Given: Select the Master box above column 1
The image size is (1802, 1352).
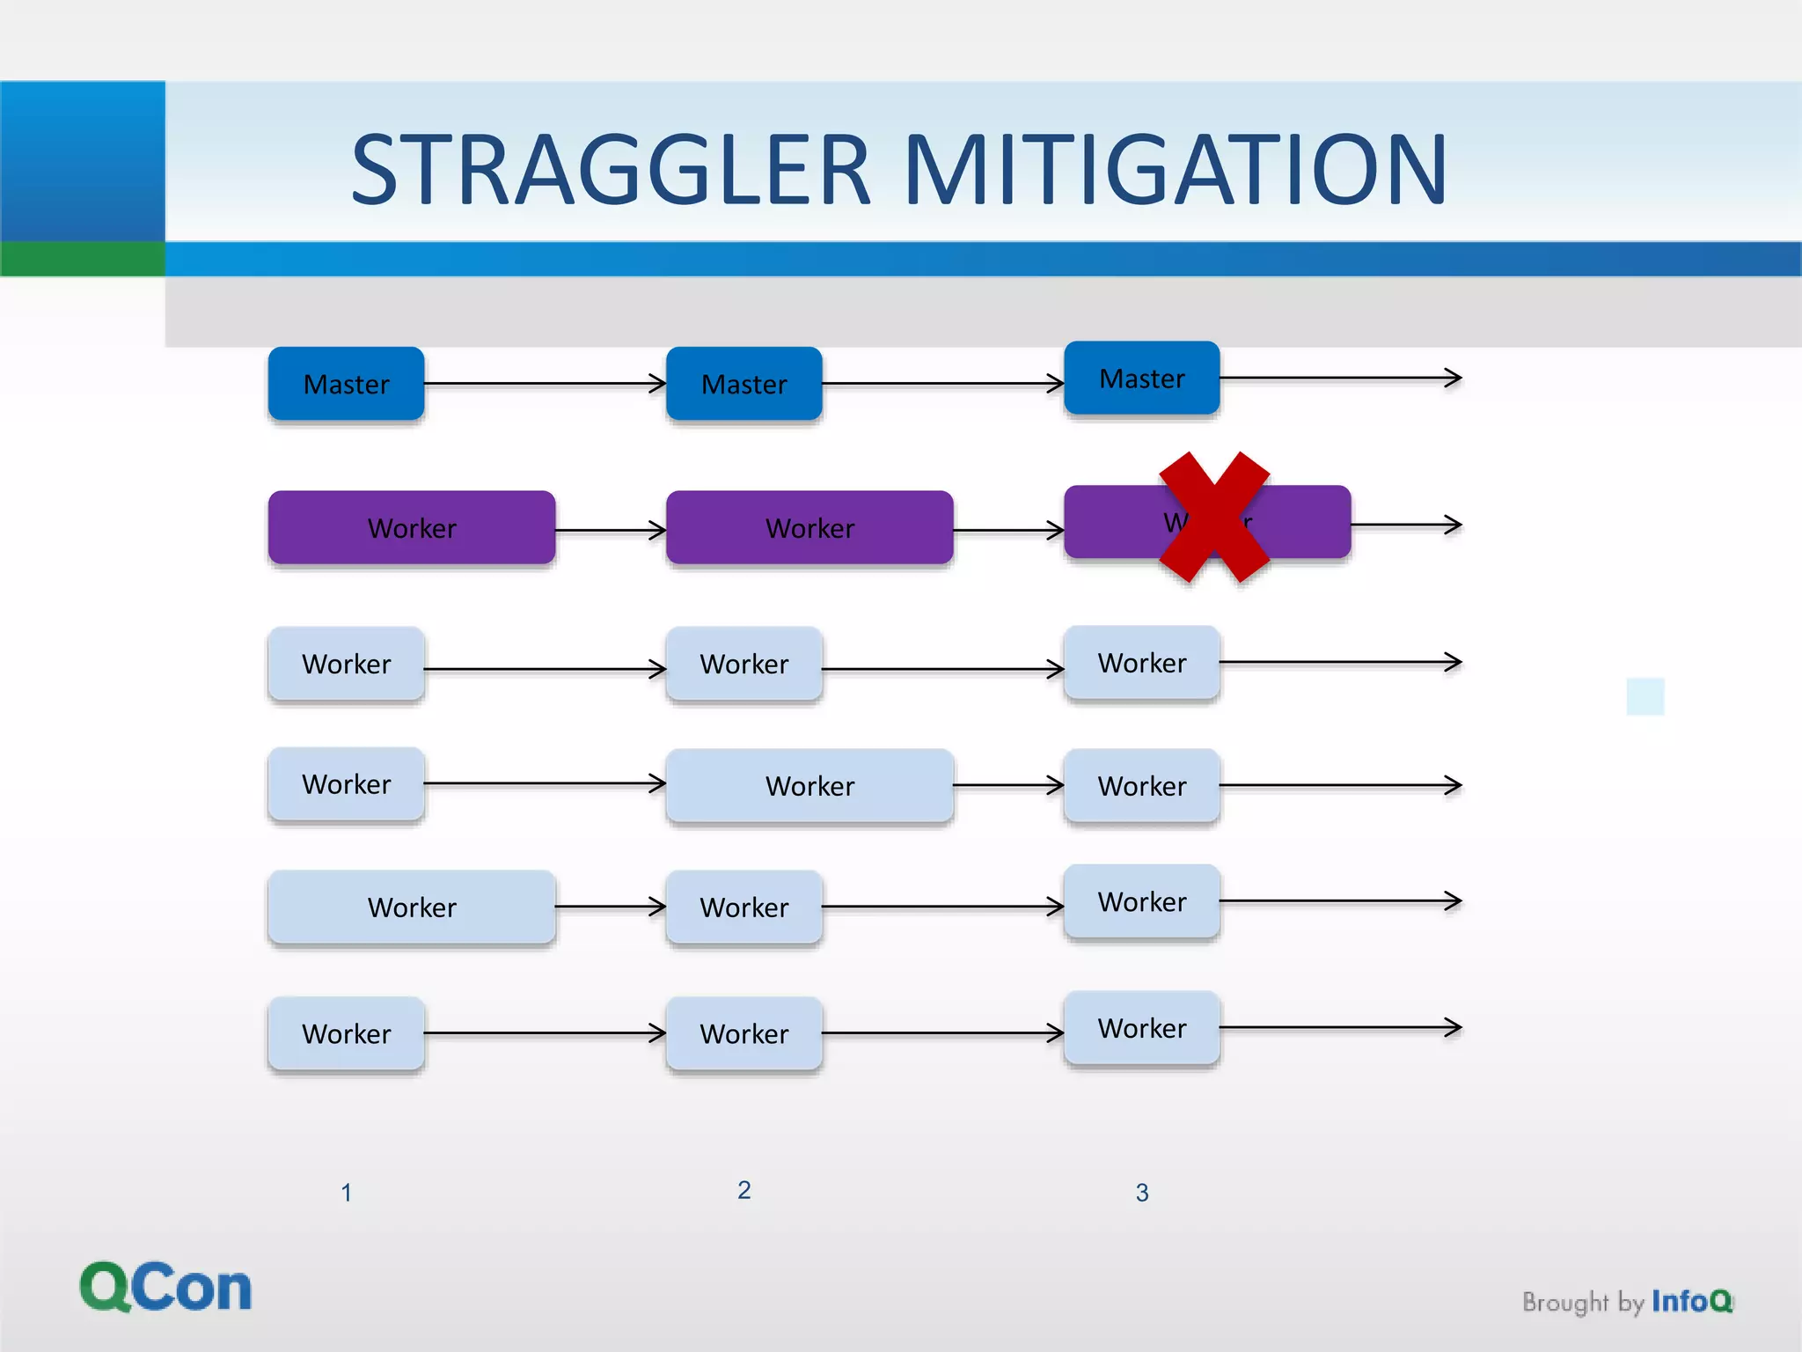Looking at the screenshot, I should [x=346, y=384].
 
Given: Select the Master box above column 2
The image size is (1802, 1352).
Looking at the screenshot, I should [x=744, y=384].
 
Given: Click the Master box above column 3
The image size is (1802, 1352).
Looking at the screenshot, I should [x=1141, y=378].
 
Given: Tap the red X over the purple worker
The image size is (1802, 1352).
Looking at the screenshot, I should [x=1214, y=518].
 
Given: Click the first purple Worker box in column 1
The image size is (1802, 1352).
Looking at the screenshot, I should [x=412, y=527].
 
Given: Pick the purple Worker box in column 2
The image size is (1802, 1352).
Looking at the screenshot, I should [x=809, y=527].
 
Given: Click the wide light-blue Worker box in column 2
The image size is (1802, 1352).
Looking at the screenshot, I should [x=809, y=785].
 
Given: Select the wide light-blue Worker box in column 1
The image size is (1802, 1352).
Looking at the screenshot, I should [x=412, y=907].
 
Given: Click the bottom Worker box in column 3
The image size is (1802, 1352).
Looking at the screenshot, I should [x=1141, y=1027].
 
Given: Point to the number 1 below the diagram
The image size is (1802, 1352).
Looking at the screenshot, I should [x=346, y=1193].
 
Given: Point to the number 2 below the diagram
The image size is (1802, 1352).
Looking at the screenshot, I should [x=744, y=1190].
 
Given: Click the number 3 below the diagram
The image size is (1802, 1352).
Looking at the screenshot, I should [x=1141, y=1193].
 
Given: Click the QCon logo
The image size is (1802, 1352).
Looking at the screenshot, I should [x=165, y=1287].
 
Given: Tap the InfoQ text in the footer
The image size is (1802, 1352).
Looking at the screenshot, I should [x=1691, y=1301].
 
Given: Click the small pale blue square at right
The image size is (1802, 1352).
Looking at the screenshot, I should [x=1645, y=696].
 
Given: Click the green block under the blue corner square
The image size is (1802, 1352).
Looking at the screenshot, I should [x=82, y=259].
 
